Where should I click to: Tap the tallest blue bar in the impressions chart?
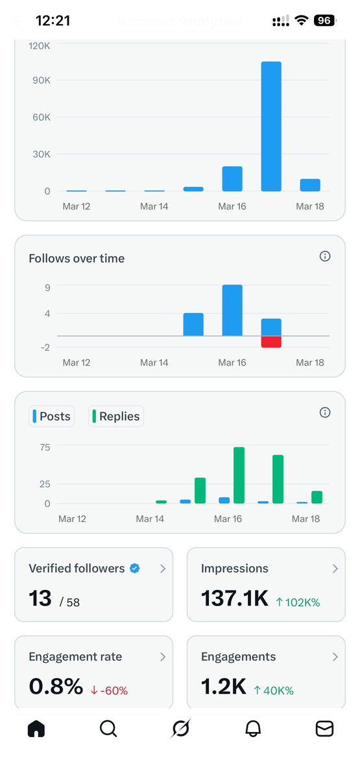[x=271, y=126]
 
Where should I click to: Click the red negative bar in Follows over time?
[x=271, y=342]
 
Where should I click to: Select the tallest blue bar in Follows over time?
[x=232, y=310]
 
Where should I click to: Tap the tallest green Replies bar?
[x=239, y=475]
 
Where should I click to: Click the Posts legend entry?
[x=52, y=416]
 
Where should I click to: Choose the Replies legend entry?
[x=116, y=416]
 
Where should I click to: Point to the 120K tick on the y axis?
[x=40, y=46]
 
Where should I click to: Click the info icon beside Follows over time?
[x=325, y=257]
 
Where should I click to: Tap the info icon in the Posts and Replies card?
[x=325, y=413]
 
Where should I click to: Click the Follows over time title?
[x=77, y=258]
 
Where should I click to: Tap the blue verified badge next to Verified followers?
[x=135, y=569]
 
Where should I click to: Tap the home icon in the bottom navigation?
[x=36, y=729]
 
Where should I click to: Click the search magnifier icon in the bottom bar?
[x=108, y=729]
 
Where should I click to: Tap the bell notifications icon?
[x=253, y=729]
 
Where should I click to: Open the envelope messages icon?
[x=324, y=729]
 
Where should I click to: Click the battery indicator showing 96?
[x=324, y=21]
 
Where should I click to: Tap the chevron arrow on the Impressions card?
[x=335, y=569]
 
